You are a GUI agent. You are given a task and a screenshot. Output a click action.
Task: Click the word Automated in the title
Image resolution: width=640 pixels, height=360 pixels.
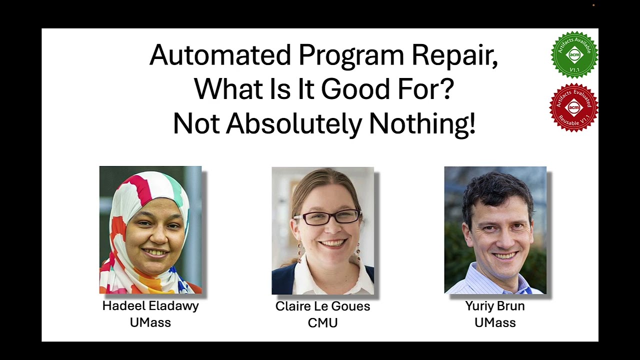coord(220,55)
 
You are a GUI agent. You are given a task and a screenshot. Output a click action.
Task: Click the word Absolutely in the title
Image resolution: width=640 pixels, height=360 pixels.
coord(294,123)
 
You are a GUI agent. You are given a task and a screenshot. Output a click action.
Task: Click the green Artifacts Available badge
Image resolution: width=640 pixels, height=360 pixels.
coord(574,54)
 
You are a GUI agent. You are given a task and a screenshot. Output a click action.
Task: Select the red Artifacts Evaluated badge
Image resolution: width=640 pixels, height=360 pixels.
coord(573,107)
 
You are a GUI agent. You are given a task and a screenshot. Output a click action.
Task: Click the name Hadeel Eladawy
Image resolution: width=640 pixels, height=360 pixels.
coord(150,306)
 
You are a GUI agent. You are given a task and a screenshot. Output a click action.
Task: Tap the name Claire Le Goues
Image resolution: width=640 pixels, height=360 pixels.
coord(322,306)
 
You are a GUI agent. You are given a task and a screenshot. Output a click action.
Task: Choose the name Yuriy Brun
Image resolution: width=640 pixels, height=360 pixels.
coord(495,306)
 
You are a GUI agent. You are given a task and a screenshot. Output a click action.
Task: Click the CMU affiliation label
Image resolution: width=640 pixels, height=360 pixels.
coord(322,323)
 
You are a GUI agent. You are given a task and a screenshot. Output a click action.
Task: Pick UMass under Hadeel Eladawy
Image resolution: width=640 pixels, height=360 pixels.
coord(150,322)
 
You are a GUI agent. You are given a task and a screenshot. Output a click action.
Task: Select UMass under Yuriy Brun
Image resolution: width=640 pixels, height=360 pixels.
coord(495,322)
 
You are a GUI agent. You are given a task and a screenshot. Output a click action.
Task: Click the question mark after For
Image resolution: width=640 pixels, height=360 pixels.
coord(447,89)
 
